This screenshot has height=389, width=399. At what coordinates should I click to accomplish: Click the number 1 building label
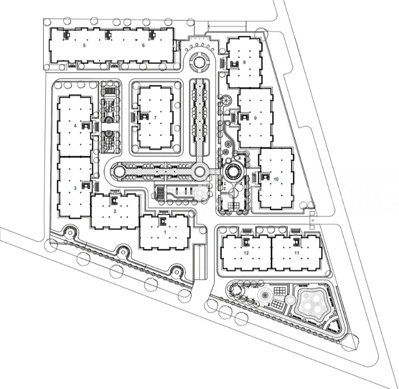point(165,232)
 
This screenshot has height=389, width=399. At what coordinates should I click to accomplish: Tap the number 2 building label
point(115,211)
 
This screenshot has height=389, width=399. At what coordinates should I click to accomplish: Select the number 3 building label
point(75,188)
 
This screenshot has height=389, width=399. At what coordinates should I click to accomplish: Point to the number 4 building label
point(75,125)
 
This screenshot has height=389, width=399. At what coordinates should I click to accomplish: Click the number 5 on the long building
point(84,45)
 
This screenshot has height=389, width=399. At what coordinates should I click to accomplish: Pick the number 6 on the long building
point(143,45)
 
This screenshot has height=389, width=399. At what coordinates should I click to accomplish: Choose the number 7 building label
point(155,118)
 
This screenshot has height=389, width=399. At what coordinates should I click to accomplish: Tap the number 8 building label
point(244,62)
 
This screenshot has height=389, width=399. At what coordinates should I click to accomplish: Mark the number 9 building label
point(255,118)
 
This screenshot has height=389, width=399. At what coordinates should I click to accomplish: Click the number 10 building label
point(276,179)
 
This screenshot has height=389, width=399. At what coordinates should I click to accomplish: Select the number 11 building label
point(297,253)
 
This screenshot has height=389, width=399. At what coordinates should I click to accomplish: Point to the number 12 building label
point(246,253)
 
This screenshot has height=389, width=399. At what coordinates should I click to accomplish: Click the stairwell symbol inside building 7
point(144,117)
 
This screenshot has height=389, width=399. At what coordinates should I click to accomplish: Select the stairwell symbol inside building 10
point(265,177)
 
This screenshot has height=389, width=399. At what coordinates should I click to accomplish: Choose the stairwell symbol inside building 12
point(246,242)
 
